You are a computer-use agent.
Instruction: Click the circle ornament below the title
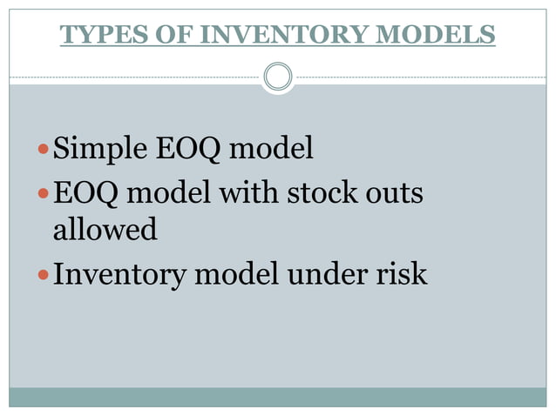(x=278, y=77)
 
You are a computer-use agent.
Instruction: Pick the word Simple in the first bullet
(x=100, y=150)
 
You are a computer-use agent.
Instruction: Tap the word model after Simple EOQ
(x=269, y=150)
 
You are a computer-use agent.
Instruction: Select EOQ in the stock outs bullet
(x=86, y=192)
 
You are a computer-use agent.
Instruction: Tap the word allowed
(x=105, y=230)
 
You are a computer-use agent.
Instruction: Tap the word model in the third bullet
(x=235, y=275)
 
